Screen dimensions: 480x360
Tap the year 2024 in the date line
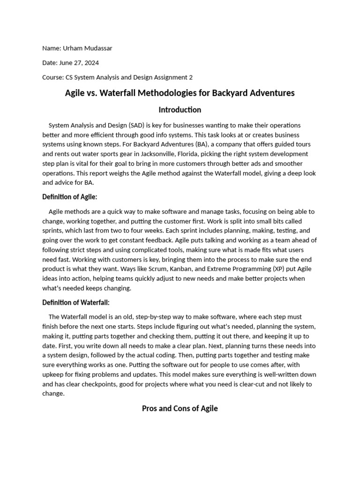tap(91, 62)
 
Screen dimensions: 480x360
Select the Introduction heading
tap(180, 110)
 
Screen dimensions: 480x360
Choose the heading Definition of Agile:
tap(70, 197)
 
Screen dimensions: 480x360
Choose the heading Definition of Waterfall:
tap(76, 302)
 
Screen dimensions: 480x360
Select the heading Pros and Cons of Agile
tap(180, 408)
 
